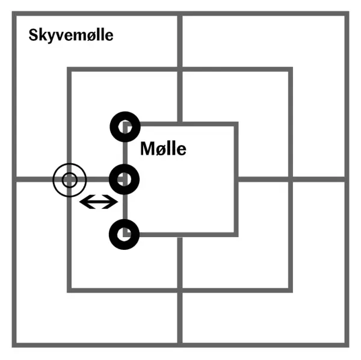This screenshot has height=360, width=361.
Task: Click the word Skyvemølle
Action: pyautogui.click(x=71, y=36)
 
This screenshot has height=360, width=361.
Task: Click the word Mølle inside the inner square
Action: pyautogui.click(x=163, y=149)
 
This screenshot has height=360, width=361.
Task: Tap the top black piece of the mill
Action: pyautogui.click(x=125, y=126)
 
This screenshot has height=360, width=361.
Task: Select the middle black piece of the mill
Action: pyautogui.click(x=125, y=179)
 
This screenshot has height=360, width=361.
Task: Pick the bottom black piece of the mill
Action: pyautogui.click(x=125, y=234)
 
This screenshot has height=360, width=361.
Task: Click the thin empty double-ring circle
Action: pyautogui.click(x=70, y=180)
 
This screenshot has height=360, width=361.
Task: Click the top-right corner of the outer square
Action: pyautogui.click(x=347, y=13)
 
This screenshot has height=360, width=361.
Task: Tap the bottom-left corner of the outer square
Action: pyautogui.click(x=14, y=346)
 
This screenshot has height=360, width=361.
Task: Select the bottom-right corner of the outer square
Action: pyautogui.click(x=347, y=346)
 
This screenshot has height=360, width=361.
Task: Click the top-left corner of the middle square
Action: pyautogui.click(x=69, y=69)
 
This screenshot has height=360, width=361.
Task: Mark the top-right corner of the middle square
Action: pyautogui.click(x=291, y=69)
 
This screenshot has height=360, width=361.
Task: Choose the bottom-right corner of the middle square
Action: pyautogui.click(x=291, y=290)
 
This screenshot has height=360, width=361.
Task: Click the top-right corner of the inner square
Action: pyautogui.click(x=236, y=124)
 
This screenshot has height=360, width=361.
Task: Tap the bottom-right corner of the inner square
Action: pyautogui.click(x=236, y=235)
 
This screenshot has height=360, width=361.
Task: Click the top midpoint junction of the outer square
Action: pyautogui.click(x=180, y=13)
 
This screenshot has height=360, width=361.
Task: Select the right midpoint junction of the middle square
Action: pyautogui.click(x=291, y=179)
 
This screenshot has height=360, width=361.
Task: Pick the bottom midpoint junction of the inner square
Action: pyautogui.click(x=180, y=235)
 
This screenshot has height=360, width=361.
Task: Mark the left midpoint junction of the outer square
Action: pyautogui.click(x=14, y=179)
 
